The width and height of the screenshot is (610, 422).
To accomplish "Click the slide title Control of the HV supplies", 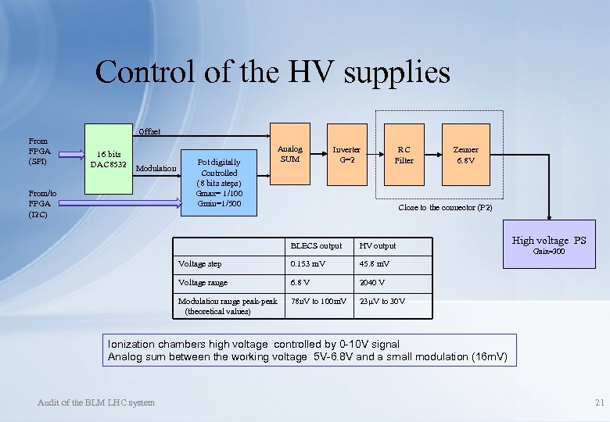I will (x=272, y=73).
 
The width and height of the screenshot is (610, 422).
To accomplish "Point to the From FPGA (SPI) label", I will (x=39, y=151).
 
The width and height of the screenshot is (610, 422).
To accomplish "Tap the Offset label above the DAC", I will (x=149, y=131).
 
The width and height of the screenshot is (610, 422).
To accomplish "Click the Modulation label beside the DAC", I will (x=156, y=168).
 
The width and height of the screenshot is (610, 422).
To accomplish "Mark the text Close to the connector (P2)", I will (x=445, y=208).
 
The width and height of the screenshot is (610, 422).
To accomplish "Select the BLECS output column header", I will (x=316, y=246).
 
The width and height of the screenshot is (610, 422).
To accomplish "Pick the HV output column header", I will (x=378, y=246).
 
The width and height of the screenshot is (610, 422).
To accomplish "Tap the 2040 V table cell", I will (x=372, y=283).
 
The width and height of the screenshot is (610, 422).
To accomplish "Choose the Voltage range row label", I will (x=203, y=283).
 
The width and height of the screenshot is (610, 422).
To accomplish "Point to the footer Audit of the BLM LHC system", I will (x=96, y=402).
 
